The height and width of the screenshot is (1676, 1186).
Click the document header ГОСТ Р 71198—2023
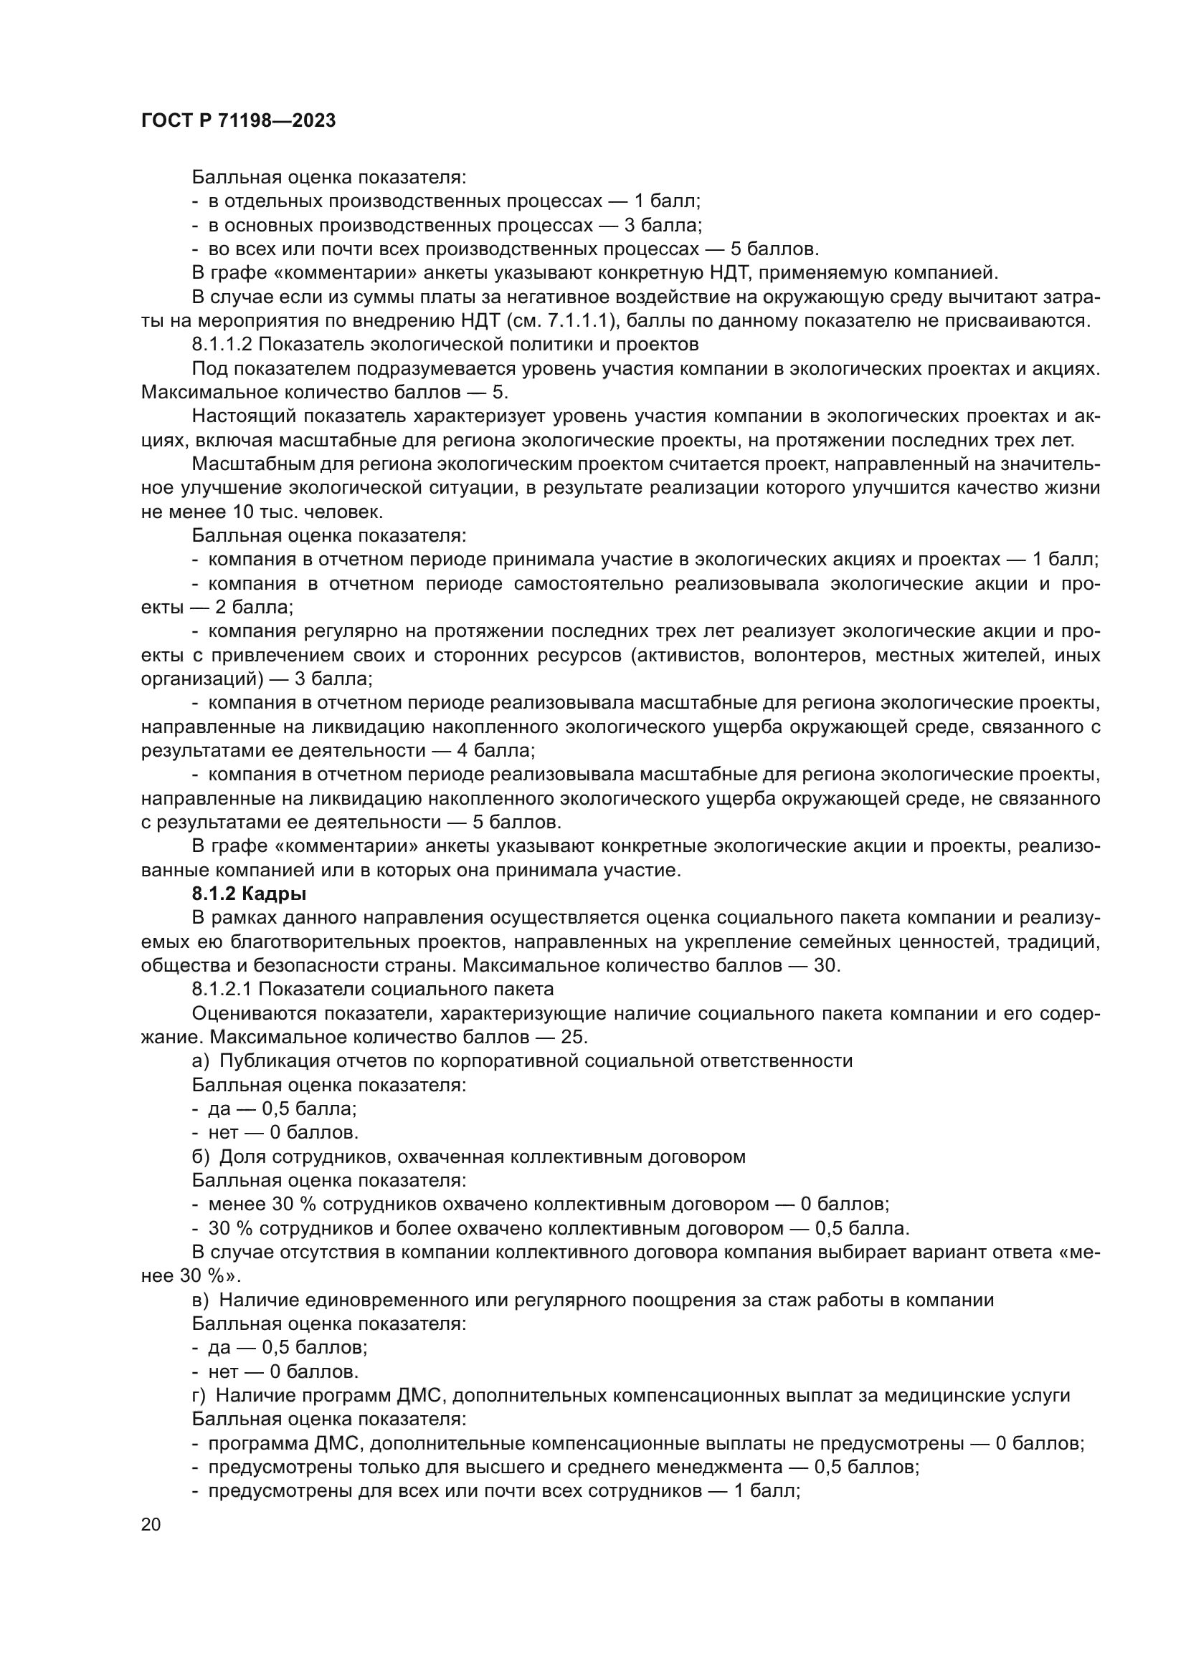click(238, 121)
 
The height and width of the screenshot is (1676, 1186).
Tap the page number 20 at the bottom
click(151, 1525)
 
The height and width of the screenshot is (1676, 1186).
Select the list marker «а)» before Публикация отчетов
click(201, 1060)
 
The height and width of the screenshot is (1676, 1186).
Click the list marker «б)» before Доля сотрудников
click(201, 1157)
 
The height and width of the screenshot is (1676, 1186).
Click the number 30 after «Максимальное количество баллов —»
click(827, 966)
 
